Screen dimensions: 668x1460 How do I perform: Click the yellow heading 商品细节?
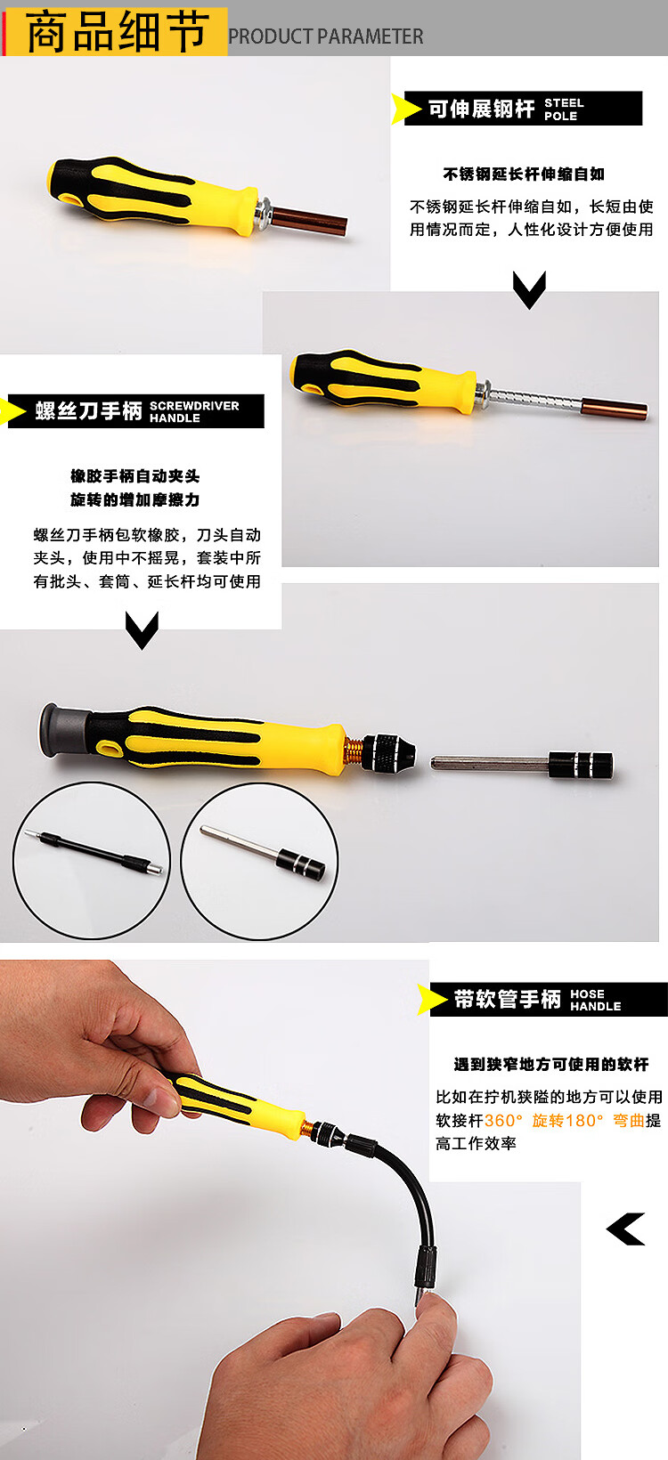[118, 32]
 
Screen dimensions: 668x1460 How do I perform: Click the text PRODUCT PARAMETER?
[325, 36]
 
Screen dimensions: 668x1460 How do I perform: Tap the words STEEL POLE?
[565, 109]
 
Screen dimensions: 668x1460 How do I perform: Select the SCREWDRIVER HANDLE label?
[194, 412]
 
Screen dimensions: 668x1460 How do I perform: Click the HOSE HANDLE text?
[596, 1000]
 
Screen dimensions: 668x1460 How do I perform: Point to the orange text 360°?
[503, 1121]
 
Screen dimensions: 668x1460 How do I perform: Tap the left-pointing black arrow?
[625, 1229]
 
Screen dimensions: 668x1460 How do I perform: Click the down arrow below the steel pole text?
[529, 289]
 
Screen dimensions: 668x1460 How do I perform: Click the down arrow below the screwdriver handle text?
[142, 630]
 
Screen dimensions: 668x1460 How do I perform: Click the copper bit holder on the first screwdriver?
[308, 220]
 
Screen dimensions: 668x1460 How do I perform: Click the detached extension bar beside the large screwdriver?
[522, 765]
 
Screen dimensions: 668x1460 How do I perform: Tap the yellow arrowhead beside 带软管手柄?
[431, 999]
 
